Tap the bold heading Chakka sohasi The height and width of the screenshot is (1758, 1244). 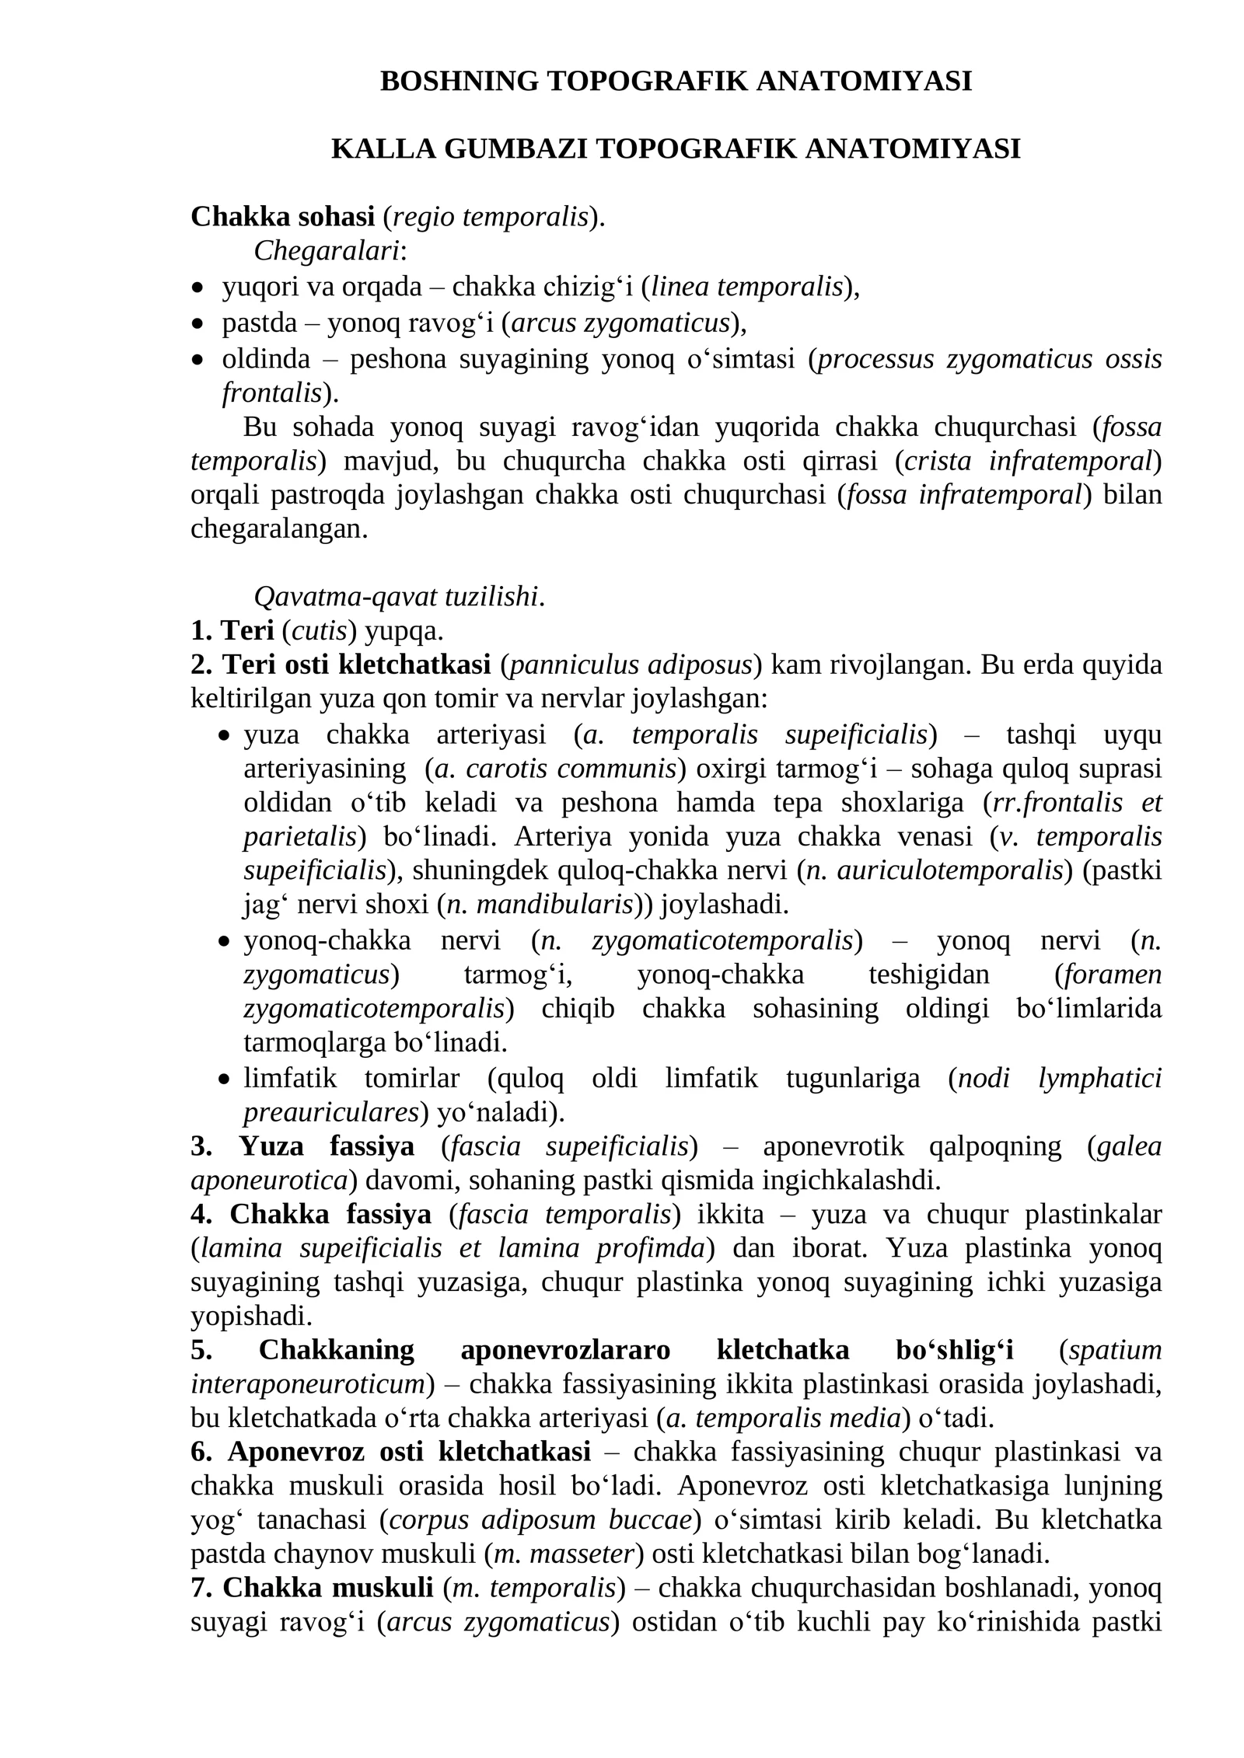(x=282, y=217)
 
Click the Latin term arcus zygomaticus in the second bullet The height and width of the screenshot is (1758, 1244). (x=621, y=323)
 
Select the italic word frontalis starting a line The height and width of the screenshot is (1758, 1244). (x=271, y=393)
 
